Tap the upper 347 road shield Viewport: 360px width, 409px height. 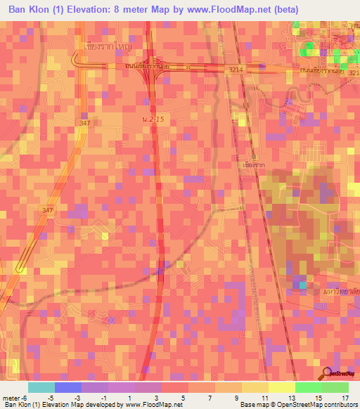pos(85,123)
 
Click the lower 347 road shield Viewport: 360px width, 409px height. pos(47,210)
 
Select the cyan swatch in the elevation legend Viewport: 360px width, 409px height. pos(41,387)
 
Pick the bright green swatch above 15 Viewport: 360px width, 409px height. pos(308,387)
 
